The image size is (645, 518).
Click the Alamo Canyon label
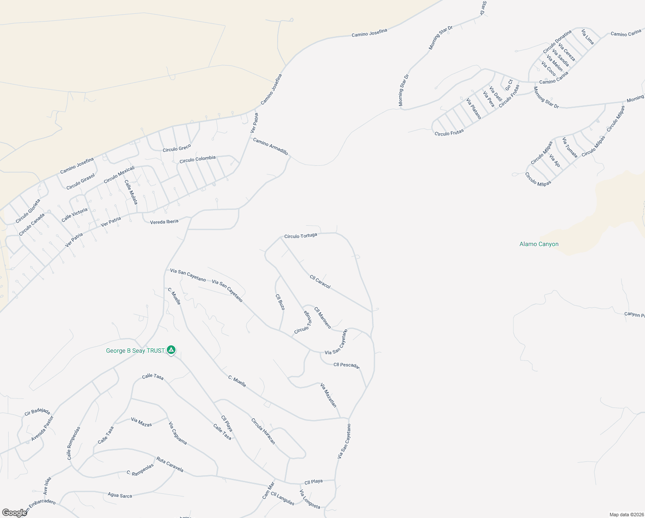click(x=539, y=244)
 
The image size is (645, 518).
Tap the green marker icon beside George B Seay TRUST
click(x=171, y=350)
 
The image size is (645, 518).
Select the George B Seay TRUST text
click(x=135, y=351)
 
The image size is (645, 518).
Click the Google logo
click(x=14, y=513)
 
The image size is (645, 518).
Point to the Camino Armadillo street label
click(x=270, y=146)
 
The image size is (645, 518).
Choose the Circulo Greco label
click(x=176, y=148)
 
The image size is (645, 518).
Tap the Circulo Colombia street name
click(x=197, y=159)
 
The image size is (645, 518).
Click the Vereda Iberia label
click(x=164, y=222)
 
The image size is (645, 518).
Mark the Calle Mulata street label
click(x=131, y=192)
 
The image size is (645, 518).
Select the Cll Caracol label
click(x=320, y=281)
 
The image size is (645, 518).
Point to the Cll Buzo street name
click(x=280, y=302)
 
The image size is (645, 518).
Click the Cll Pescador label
click(x=346, y=365)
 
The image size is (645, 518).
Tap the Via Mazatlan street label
click(x=328, y=395)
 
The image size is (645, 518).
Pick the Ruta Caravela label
click(x=170, y=464)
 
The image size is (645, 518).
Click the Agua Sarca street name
click(x=120, y=495)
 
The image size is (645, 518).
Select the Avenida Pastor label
click(x=42, y=429)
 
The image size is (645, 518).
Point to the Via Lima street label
click(x=588, y=37)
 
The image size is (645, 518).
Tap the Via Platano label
click(x=473, y=108)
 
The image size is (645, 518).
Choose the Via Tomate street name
click(x=570, y=147)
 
